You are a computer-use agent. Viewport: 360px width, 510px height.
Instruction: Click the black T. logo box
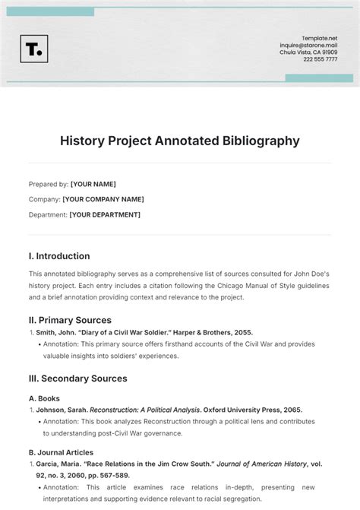click(33, 49)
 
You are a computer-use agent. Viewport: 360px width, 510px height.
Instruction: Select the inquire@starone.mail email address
click(309, 44)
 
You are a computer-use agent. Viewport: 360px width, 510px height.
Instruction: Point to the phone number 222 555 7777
click(321, 59)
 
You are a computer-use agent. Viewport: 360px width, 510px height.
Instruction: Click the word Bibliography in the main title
click(254, 141)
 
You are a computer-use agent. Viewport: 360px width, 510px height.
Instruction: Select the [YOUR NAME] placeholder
click(93, 184)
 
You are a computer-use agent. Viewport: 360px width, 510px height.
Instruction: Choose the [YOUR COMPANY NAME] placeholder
click(103, 199)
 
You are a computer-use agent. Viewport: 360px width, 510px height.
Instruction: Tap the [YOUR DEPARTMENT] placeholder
click(104, 214)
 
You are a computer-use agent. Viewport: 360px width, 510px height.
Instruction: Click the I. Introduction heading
click(59, 256)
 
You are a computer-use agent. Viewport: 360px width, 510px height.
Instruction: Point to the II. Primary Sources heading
click(70, 320)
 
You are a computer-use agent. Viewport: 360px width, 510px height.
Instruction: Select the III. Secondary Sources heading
click(77, 378)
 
